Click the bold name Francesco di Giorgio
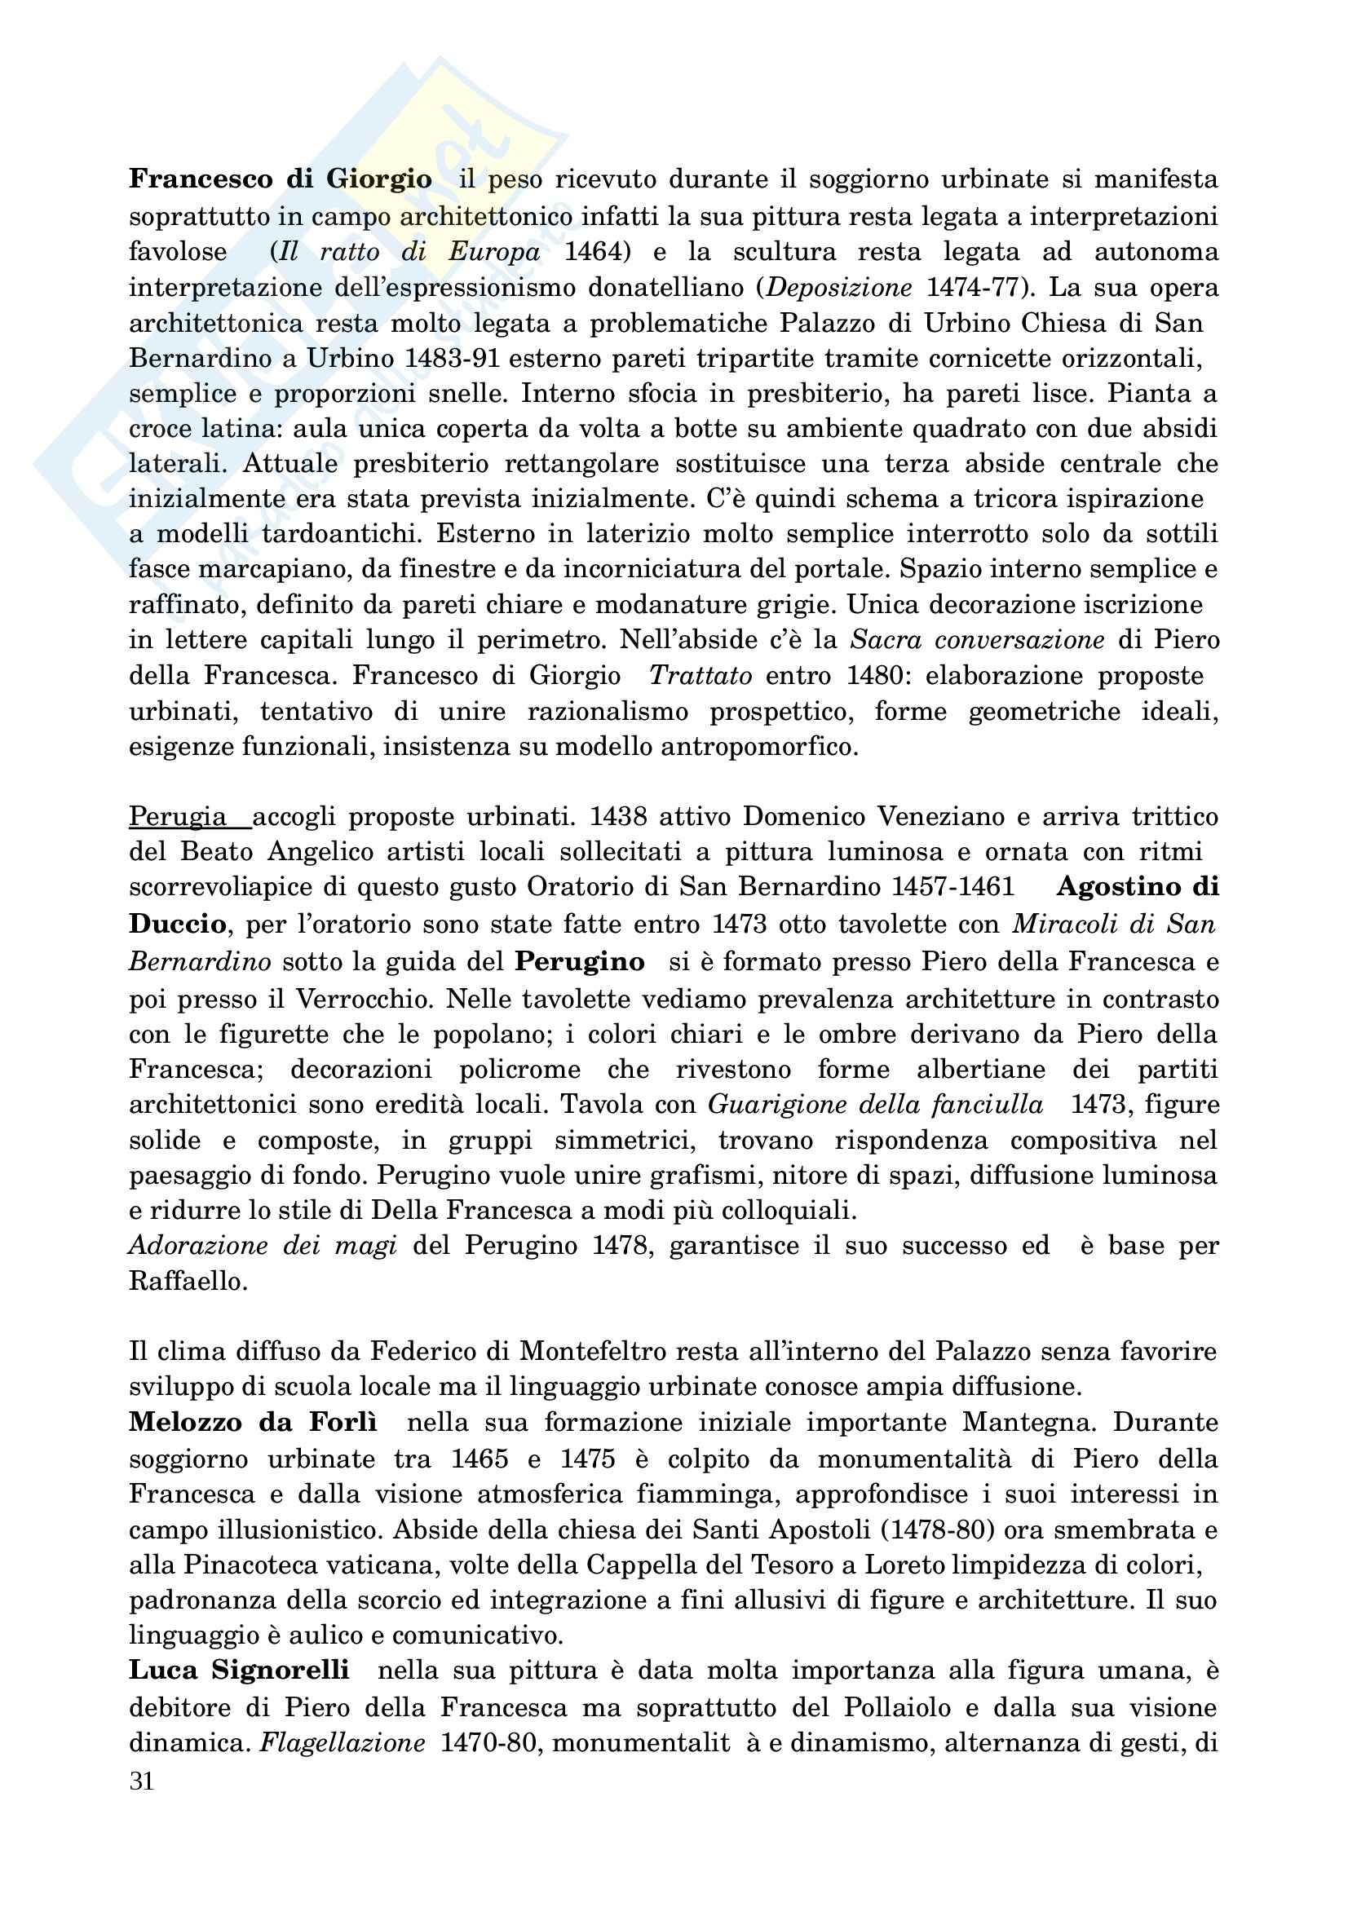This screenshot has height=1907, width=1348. click(280, 179)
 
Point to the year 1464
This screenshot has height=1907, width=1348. click(594, 252)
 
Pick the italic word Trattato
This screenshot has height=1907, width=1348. click(701, 675)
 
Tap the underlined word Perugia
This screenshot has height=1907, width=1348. click(178, 817)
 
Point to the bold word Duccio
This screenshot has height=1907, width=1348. click(177, 924)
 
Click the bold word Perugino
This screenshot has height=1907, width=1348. click(580, 962)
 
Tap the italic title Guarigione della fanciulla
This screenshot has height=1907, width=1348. click(875, 1105)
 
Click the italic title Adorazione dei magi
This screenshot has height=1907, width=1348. click(263, 1246)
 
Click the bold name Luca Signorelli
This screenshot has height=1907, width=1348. click(239, 1671)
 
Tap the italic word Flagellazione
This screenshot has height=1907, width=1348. click(343, 1742)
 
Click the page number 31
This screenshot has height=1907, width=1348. click(142, 1781)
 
